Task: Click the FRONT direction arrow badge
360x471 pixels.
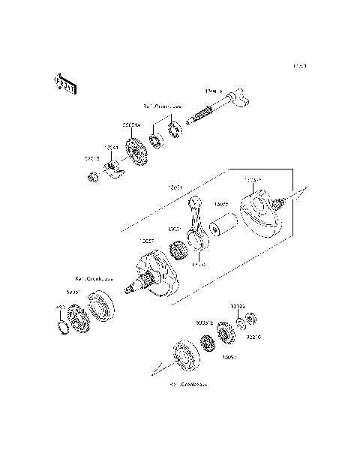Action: tap(65, 84)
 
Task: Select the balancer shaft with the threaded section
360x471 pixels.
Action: tap(214, 112)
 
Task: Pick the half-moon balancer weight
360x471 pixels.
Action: tap(115, 172)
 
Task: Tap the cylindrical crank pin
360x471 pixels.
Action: tap(223, 226)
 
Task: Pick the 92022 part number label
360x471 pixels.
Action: tap(236, 307)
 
